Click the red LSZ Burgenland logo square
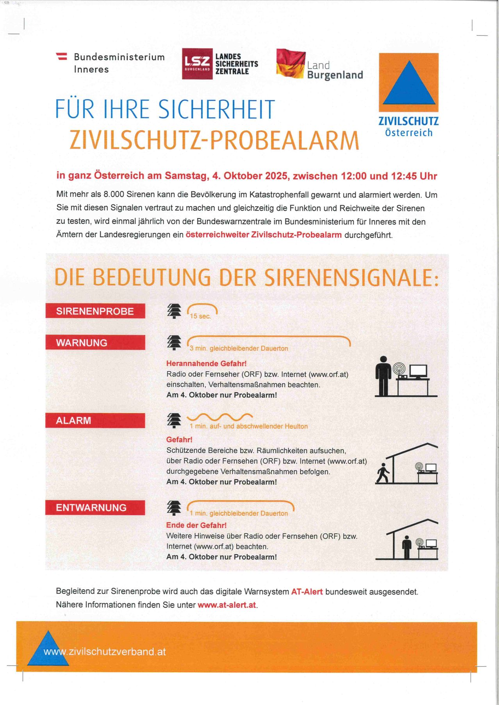(197, 64)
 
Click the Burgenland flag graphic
(290, 63)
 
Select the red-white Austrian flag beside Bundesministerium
(62, 56)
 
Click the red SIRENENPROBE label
(95, 311)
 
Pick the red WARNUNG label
(95, 343)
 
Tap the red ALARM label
(95, 421)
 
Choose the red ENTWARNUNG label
(95, 508)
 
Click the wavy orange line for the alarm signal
(220, 417)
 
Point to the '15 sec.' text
(200, 316)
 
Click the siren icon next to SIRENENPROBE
(174, 311)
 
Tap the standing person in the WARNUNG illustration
(383, 376)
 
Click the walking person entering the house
(383, 473)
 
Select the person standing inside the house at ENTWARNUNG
(407, 547)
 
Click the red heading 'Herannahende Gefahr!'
(207, 364)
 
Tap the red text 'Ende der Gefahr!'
(196, 525)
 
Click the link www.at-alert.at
(227, 605)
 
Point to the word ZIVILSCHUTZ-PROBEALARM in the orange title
(214, 140)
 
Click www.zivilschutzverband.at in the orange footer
(105, 652)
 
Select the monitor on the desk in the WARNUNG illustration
(418, 371)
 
